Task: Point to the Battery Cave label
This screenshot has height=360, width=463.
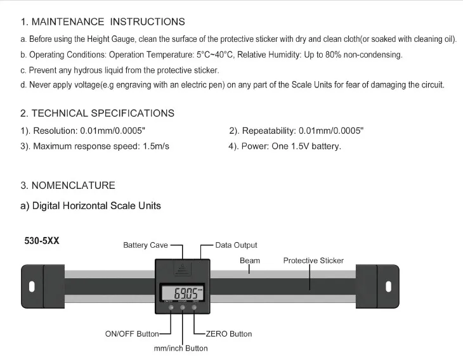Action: tap(145, 245)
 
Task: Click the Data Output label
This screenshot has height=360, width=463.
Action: tap(236, 245)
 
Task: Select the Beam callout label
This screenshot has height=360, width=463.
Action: tap(249, 260)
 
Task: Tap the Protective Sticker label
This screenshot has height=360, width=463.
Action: tap(313, 260)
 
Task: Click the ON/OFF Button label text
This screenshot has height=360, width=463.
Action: tap(132, 334)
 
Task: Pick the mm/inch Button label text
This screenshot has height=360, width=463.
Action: tap(180, 348)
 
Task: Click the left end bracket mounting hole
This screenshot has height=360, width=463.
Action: tap(32, 285)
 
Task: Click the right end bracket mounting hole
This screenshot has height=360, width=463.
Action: tap(388, 285)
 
